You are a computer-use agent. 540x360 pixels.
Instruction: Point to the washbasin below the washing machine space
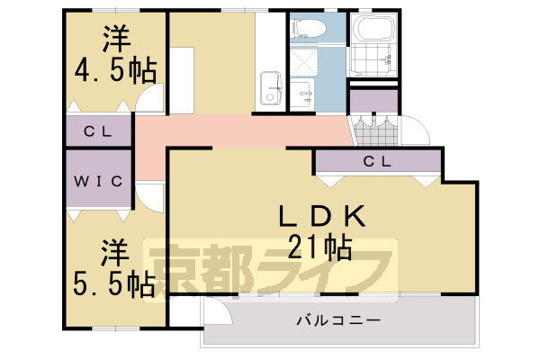coord(303,91)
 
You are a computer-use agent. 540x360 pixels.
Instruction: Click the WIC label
coord(98,181)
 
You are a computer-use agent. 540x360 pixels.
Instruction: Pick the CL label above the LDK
coord(376,162)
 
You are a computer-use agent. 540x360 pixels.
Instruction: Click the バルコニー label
coord(337,320)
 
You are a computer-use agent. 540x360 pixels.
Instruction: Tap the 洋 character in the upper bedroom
coord(114,39)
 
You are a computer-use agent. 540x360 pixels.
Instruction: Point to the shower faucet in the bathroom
coord(389,61)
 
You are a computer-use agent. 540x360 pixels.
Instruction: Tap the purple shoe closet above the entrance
coord(373,101)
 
